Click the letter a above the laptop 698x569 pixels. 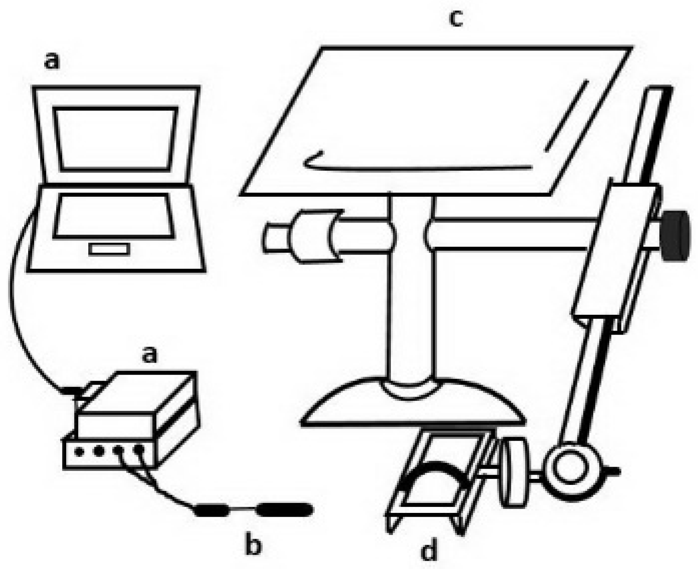point(52,61)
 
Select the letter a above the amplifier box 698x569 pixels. point(150,354)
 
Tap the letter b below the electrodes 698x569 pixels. point(253,545)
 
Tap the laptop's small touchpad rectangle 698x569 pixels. point(109,249)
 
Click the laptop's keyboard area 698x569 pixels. point(114,216)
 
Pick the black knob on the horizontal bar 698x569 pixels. point(676,236)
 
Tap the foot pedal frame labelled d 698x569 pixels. point(441,480)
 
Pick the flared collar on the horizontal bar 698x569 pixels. point(316,236)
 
